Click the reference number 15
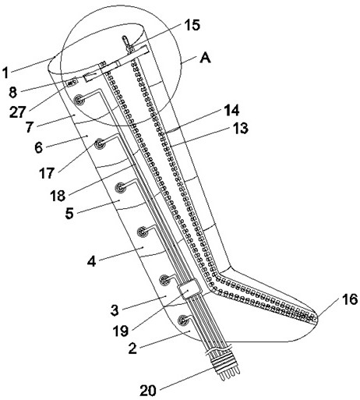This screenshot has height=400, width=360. coord(192,25)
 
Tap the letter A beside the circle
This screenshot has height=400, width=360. coord(205,58)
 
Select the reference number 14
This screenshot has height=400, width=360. coord(231,110)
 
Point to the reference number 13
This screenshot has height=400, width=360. coord(240,128)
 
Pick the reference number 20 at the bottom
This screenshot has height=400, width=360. coord(148,391)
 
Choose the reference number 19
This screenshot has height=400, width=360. coord(121,331)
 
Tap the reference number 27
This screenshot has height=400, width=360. coord(18,112)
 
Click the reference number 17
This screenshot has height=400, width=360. coord(47,173)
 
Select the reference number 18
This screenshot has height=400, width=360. coord(58,196)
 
